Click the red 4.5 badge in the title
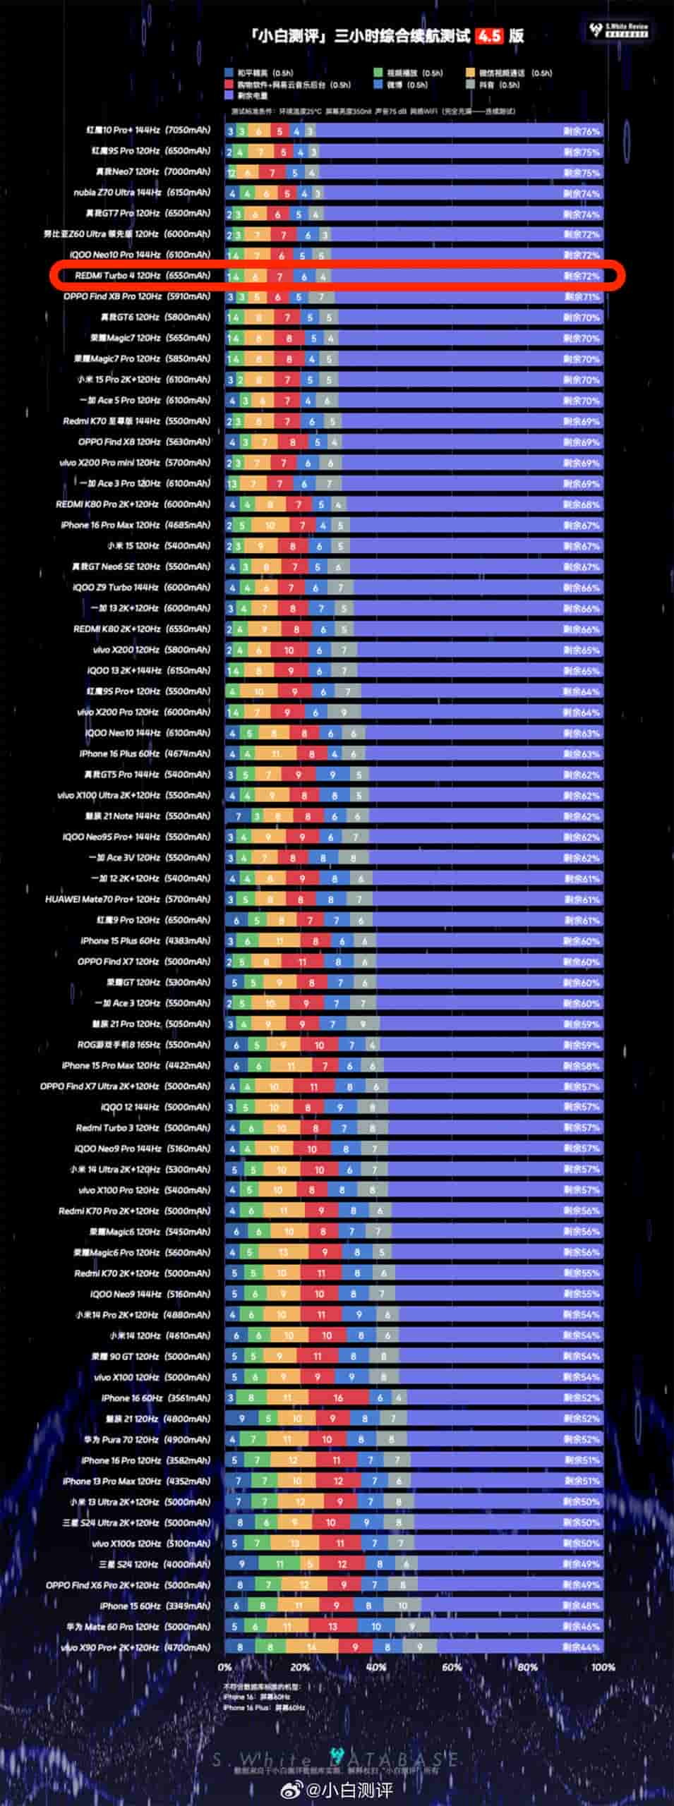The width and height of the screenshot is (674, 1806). coord(489,36)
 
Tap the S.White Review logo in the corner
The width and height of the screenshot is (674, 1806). coord(619,30)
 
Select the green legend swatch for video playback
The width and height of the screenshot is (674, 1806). coord(379,73)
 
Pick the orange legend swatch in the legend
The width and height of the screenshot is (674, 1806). coord(471,73)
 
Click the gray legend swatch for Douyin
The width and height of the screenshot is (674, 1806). coord(471,85)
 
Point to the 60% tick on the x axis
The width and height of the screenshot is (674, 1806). coord(452,1667)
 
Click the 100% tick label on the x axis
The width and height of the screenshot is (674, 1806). coord(602,1667)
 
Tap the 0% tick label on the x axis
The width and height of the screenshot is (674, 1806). coord(225,1667)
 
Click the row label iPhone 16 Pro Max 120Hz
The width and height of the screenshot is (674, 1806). coord(136,525)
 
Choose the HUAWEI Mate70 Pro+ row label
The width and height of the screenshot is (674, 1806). coord(128,899)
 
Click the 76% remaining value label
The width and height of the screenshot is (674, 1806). coord(582,131)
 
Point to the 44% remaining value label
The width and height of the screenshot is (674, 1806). coord(582,1647)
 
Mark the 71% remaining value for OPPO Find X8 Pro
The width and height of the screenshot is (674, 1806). coord(582,297)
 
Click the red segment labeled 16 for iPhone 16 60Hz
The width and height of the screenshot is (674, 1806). coord(339,1398)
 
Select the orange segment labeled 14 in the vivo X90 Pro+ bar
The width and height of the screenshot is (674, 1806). coord(311,1647)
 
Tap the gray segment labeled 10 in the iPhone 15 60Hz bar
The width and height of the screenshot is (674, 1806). coord(402,1606)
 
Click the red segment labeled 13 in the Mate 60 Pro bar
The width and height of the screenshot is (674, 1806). coord(332,1626)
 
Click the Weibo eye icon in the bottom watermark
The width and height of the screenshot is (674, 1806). coord(291,1788)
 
